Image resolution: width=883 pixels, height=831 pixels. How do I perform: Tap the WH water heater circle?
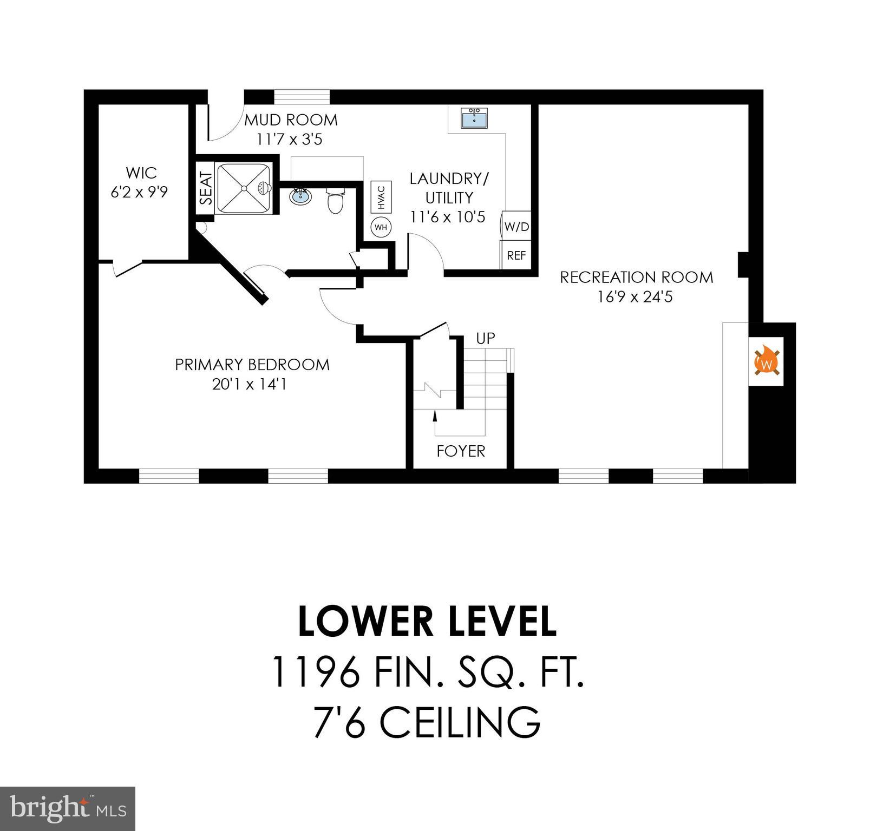tap(381, 227)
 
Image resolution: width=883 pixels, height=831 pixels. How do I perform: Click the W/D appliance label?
tap(516, 227)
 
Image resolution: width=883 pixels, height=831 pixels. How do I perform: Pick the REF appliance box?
tap(516, 255)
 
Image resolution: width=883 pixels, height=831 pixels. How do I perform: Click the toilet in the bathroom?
tap(336, 201)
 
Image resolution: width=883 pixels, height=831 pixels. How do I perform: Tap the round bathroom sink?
tap(300, 196)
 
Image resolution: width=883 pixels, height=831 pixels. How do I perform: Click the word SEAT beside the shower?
tap(206, 188)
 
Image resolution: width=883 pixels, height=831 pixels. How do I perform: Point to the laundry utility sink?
tap(475, 117)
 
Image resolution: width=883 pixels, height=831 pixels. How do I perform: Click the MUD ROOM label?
tap(291, 120)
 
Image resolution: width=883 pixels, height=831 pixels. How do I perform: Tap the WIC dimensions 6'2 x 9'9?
tap(139, 193)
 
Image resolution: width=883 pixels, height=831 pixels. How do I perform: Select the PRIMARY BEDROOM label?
tap(252, 365)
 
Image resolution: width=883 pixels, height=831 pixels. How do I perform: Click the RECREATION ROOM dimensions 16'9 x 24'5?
tap(635, 296)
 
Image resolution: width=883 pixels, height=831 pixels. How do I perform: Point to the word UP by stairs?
tap(485, 339)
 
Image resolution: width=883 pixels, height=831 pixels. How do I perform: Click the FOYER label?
tap(461, 451)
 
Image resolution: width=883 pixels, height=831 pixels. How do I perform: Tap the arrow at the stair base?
tap(435, 415)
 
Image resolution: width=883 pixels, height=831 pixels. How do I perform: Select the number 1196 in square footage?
tap(316, 672)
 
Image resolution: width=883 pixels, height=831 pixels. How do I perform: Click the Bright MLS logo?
tap(67, 808)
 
